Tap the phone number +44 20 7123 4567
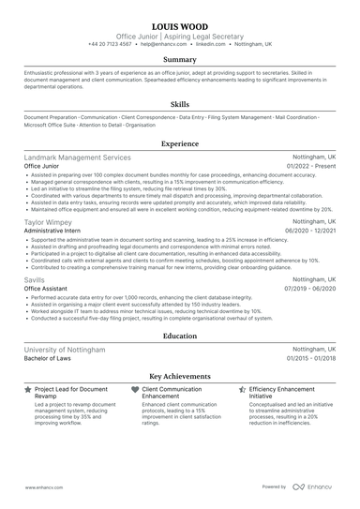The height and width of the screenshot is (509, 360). [112, 44]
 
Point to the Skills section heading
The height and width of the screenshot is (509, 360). [180, 104]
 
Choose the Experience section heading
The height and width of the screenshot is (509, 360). [180, 145]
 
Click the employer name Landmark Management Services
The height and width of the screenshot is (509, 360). [78, 157]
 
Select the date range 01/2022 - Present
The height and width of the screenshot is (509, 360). [310, 166]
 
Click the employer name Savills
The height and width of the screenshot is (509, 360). [36, 279]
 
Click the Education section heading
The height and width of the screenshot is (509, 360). [180, 335]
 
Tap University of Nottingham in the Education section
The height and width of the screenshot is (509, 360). [65, 349]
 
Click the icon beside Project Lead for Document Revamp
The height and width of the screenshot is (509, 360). [28, 387]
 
